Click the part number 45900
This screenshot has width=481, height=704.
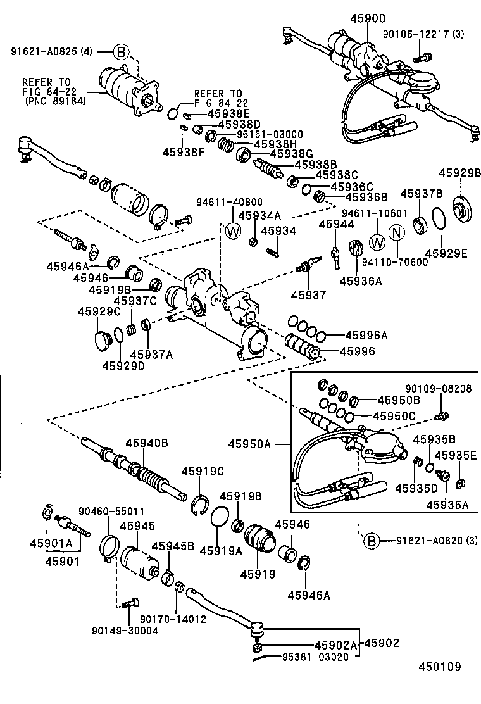coord(366,18)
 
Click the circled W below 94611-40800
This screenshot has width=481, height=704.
coord(233,230)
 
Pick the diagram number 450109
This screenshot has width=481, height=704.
coord(439,667)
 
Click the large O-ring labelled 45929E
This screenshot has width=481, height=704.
coord(437,220)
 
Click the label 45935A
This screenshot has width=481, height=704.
coord(447,505)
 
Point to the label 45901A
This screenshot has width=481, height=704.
coord(51,543)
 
